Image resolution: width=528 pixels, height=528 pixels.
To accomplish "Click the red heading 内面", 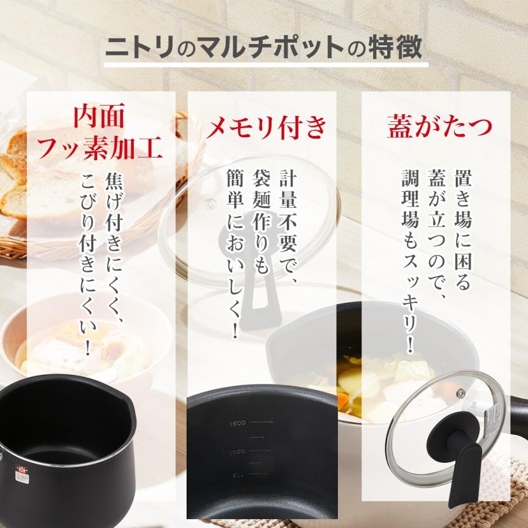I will click(99, 118).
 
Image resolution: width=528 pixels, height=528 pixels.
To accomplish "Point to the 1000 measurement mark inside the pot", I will click(237, 451).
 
